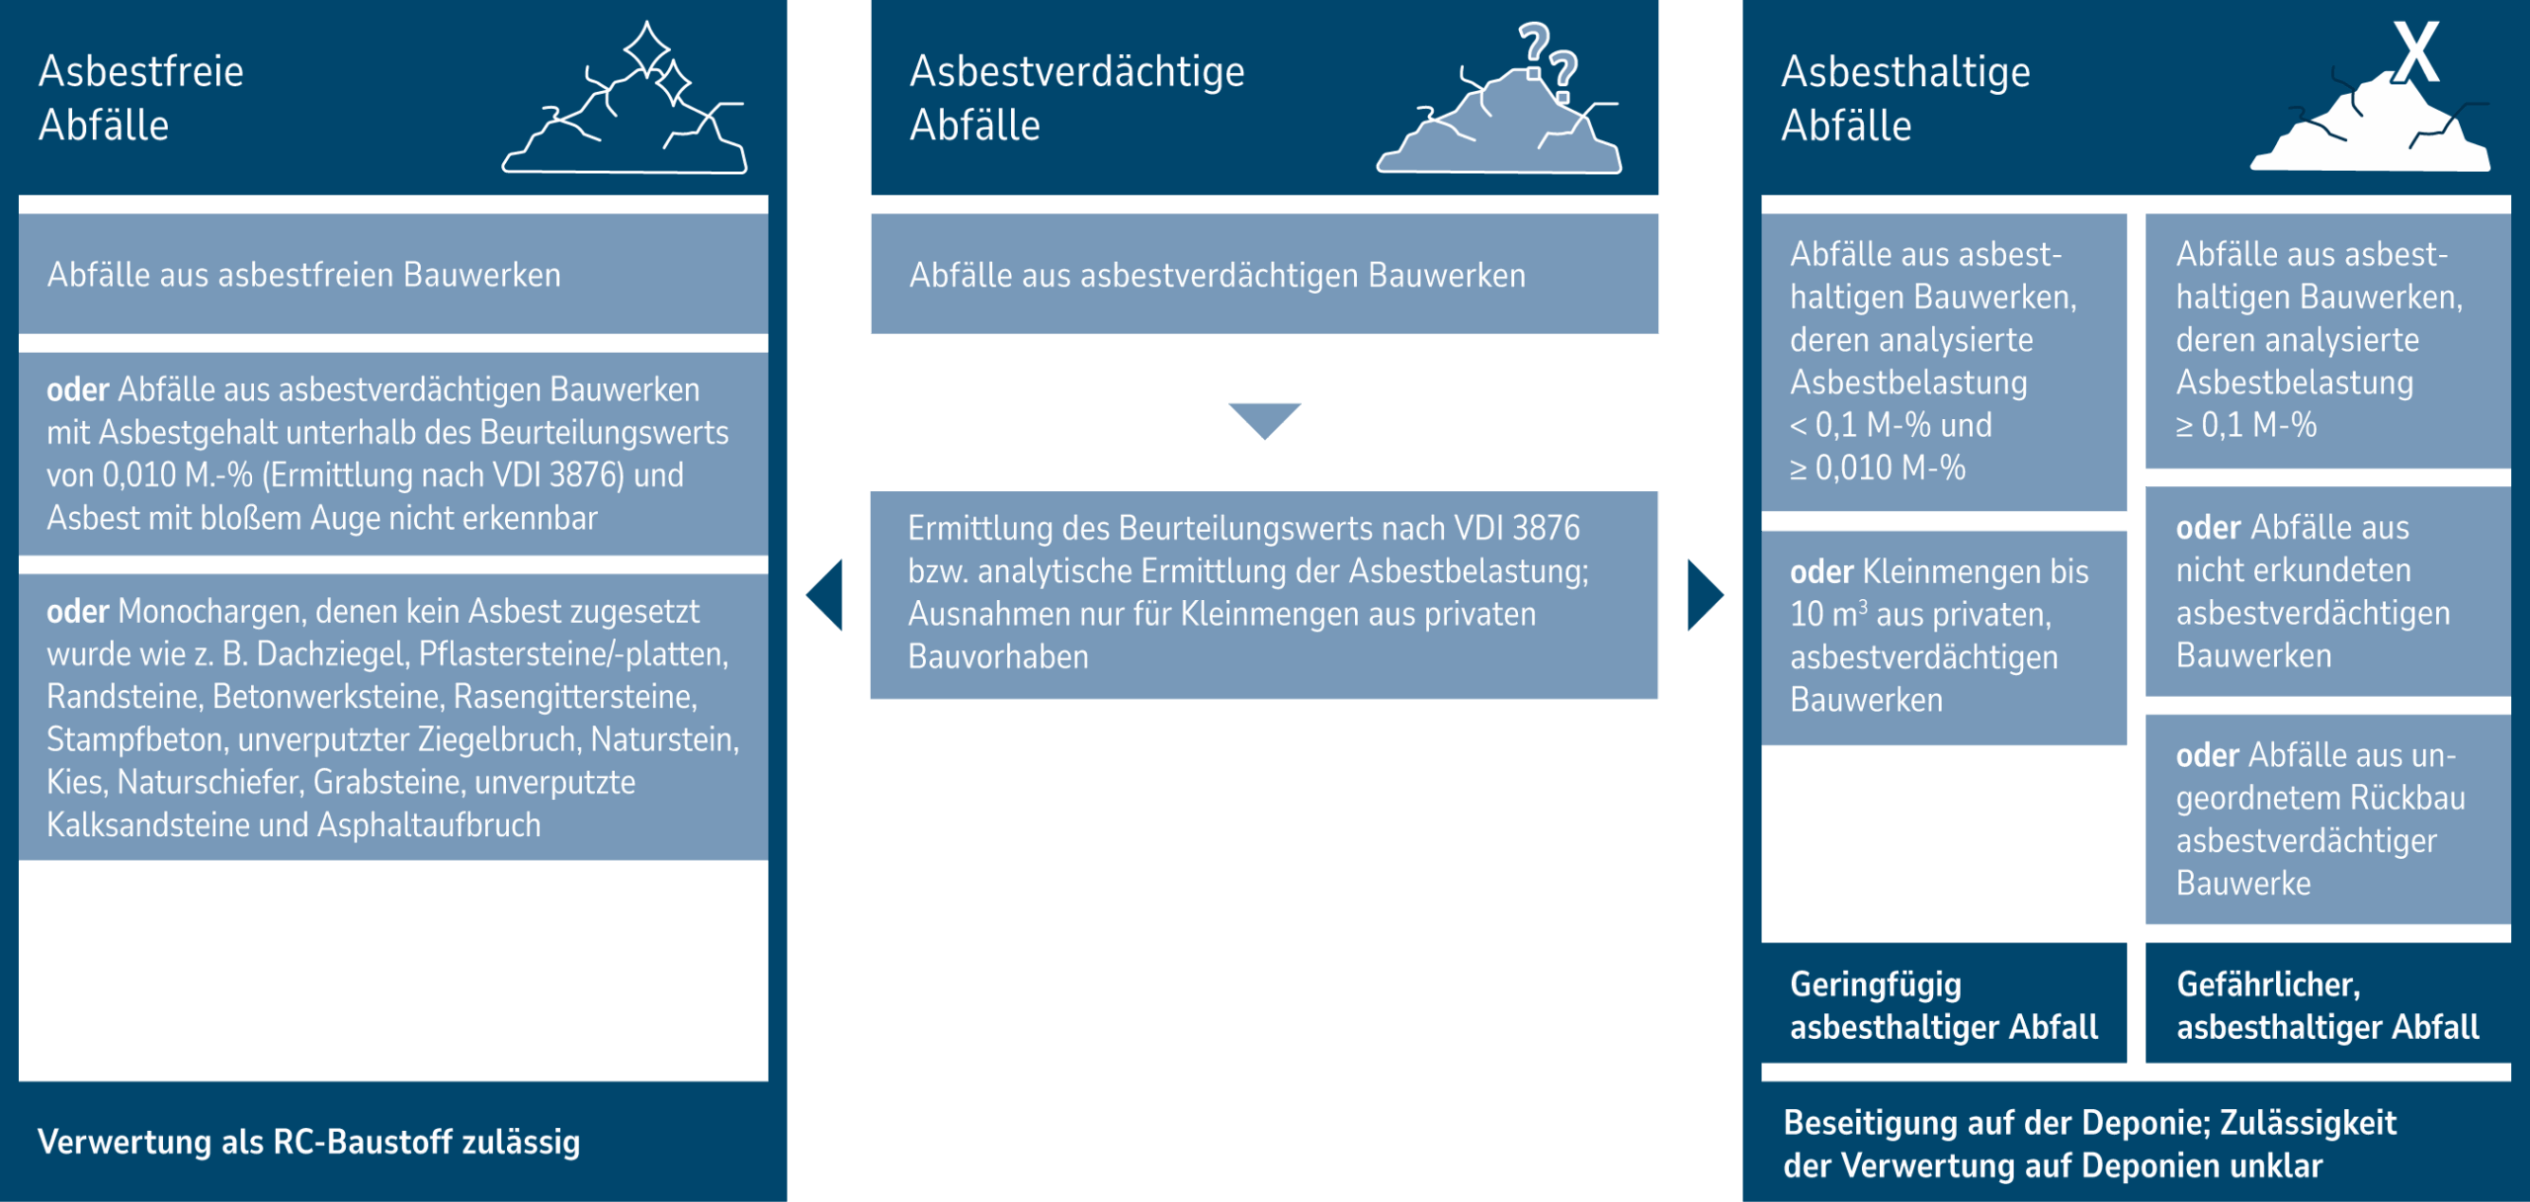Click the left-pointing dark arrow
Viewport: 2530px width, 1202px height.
(x=826, y=595)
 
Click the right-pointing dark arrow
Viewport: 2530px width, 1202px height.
(x=1704, y=595)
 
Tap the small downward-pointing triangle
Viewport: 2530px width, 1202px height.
(x=1264, y=419)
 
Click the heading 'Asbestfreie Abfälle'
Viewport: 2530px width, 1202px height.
(x=140, y=98)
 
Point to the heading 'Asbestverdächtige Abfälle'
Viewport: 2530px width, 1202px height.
(x=1076, y=98)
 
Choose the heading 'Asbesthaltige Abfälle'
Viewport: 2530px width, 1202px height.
(x=1904, y=98)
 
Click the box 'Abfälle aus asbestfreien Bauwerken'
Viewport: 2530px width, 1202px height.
(x=392, y=274)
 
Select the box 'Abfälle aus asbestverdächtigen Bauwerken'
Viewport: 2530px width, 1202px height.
(x=1264, y=274)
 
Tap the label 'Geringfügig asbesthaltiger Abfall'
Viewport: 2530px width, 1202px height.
(x=1943, y=1004)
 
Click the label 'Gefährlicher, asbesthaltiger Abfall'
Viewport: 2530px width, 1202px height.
(x=2326, y=1004)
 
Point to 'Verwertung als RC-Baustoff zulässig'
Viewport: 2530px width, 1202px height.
(x=308, y=1142)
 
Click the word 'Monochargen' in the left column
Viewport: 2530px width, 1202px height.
(x=209, y=611)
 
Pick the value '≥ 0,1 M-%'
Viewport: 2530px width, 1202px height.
(x=2245, y=425)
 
